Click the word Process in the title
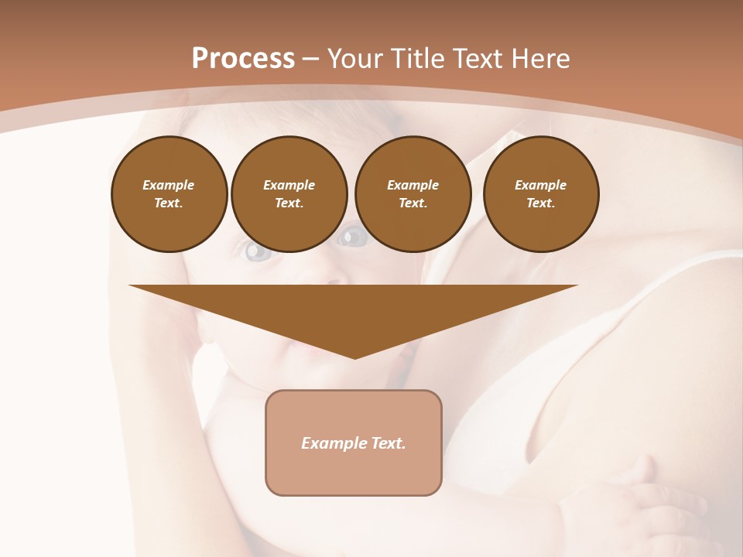pyautogui.click(x=243, y=59)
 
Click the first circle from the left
pyautogui.click(x=169, y=194)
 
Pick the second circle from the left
pyautogui.click(x=289, y=194)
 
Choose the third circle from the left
pyautogui.click(x=413, y=194)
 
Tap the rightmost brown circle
pyautogui.click(x=541, y=194)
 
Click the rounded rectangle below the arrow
pyautogui.click(x=354, y=443)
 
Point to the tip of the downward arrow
pyautogui.click(x=354, y=357)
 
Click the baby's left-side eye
pyautogui.click(x=259, y=251)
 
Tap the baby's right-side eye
pyautogui.click(x=353, y=237)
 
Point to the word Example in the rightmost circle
pyautogui.click(x=541, y=186)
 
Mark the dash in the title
pyautogui.click(x=310, y=59)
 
